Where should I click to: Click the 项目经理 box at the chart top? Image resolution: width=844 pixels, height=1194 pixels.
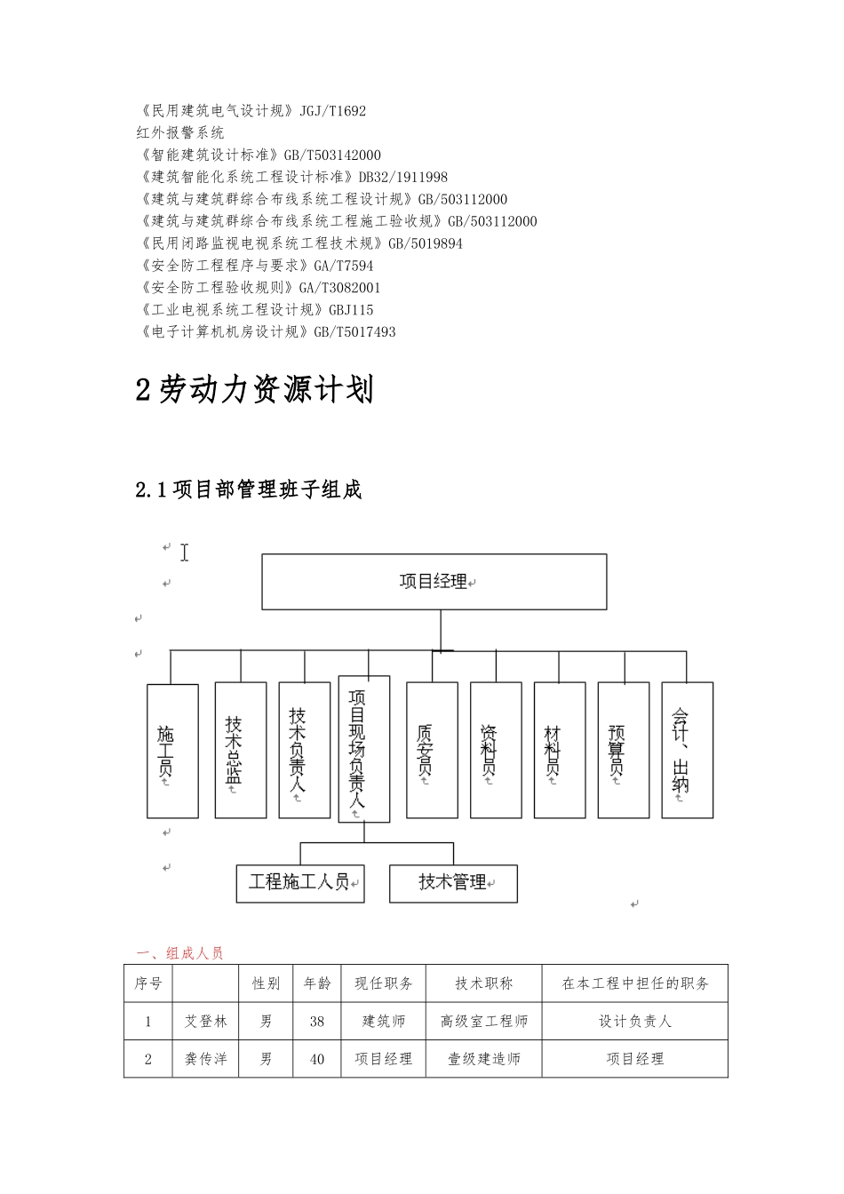point(434,582)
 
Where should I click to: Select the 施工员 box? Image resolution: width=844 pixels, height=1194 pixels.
point(172,751)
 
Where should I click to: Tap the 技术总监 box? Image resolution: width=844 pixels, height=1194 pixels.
point(240,750)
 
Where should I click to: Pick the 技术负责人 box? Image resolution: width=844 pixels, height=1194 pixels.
point(304,750)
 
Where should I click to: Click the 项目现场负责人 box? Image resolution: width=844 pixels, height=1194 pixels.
point(363,749)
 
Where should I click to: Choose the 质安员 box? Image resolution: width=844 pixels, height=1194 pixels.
point(432,750)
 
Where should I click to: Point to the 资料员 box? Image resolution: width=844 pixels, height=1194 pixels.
point(496,750)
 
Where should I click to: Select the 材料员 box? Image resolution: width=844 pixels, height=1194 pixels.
point(560,750)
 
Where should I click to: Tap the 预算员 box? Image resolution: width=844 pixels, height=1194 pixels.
point(624,750)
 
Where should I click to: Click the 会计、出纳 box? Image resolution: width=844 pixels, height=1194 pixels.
point(687,750)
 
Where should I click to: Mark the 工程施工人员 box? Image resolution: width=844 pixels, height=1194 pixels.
point(300,883)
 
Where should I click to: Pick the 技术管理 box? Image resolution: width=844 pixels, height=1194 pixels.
point(453,883)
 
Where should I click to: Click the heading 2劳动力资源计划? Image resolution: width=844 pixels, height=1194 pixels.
point(255,390)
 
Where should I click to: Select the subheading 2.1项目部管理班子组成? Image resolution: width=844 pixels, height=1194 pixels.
point(249,490)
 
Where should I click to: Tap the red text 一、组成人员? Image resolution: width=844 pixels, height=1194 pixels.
point(179,953)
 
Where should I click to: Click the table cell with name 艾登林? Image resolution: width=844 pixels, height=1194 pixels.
point(206,1022)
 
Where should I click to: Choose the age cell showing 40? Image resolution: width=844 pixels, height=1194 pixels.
point(317,1059)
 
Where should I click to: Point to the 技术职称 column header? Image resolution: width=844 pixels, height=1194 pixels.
point(484,983)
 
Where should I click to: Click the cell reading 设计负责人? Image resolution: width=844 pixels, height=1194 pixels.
point(635,1022)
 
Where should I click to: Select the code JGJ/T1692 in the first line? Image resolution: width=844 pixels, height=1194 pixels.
point(333,111)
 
